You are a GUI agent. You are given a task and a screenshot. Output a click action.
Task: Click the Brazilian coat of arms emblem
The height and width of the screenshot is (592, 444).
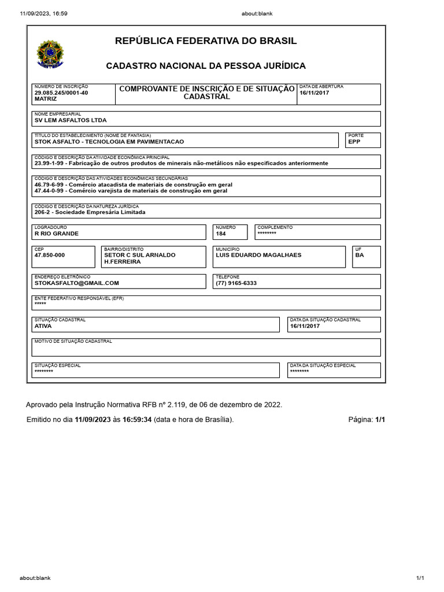coord(50,54)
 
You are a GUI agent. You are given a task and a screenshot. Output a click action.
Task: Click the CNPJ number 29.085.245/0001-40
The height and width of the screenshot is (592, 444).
coord(61,92)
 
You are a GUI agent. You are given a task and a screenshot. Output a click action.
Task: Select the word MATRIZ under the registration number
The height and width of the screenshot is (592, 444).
coord(46,99)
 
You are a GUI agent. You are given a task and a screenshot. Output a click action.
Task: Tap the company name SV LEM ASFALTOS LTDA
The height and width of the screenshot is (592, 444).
coord(71,120)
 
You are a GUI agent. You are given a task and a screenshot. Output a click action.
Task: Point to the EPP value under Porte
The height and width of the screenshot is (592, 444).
coord(354,142)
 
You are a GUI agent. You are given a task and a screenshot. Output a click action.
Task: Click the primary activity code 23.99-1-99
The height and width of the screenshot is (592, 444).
coord(50,163)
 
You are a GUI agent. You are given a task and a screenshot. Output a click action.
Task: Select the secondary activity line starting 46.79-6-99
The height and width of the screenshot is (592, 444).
coord(133,184)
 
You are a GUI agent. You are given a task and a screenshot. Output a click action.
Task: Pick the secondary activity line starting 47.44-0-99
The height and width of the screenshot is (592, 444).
coord(131,190)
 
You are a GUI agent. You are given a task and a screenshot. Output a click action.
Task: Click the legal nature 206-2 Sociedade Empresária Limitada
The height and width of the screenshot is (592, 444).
coord(90,212)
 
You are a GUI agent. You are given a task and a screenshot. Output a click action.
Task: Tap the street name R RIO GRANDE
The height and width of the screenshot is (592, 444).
coord(56,234)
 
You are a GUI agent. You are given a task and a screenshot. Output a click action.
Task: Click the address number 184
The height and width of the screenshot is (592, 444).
coord(221,234)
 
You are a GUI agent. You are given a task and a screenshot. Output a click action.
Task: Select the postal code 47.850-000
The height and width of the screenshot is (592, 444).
coord(50,255)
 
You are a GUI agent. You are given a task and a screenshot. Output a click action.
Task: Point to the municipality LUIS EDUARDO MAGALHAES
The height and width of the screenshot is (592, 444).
coord(258,255)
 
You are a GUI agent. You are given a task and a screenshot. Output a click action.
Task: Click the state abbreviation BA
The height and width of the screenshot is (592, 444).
coord(360,255)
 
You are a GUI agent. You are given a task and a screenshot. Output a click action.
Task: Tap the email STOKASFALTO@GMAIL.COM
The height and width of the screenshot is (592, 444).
coord(76,283)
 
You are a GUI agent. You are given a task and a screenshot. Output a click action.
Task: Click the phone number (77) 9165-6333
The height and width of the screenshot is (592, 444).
coord(236,283)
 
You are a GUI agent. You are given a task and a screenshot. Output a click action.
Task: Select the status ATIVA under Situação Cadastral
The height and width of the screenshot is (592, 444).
coord(43,326)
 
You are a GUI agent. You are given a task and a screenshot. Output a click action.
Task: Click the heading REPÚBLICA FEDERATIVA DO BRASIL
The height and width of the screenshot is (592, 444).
coord(206,41)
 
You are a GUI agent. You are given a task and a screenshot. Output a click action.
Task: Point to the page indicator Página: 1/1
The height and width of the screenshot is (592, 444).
coord(367,420)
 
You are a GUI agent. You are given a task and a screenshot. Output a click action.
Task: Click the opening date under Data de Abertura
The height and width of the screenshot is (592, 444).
coord(314,92)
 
